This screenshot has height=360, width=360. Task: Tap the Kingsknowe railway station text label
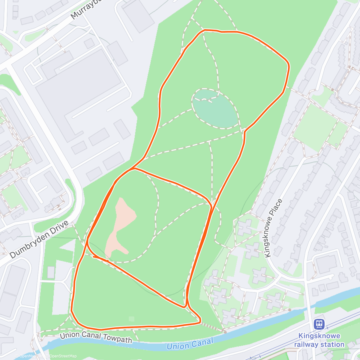click(x=319, y=340)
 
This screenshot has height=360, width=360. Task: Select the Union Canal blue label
click(x=190, y=343)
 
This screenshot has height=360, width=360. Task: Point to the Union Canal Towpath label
click(x=96, y=337)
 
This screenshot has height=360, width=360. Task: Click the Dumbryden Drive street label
click(x=39, y=239)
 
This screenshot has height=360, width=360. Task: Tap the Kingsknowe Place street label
click(x=274, y=228)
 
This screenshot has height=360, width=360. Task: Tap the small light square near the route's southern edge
click(x=131, y=319)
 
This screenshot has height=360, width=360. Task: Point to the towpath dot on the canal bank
click(x=225, y=332)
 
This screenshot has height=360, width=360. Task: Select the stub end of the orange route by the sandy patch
click(x=94, y=256)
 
